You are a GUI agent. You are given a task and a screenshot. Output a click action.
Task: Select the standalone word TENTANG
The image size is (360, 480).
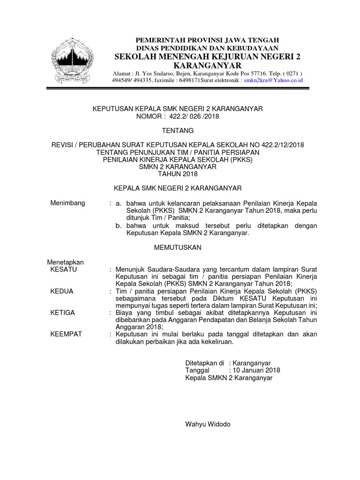point(178,130)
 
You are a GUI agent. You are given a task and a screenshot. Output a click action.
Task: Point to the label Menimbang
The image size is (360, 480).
point(67,203)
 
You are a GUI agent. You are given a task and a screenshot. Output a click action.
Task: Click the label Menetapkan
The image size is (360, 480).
point(66,262)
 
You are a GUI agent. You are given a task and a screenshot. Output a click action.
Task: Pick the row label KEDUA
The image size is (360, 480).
point(62,291)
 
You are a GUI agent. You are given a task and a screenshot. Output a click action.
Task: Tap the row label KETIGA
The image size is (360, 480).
point(62,313)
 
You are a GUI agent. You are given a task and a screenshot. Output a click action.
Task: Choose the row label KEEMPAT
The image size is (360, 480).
point(66,334)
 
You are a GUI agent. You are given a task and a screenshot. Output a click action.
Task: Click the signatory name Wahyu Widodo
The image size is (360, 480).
point(208,425)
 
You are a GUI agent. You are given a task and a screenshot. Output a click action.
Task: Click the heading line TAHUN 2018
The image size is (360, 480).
point(178,174)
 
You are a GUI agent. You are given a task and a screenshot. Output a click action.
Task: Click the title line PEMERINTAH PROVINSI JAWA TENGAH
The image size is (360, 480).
point(207,40)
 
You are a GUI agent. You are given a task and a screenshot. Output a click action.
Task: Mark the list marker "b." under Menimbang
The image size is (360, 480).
point(119,225)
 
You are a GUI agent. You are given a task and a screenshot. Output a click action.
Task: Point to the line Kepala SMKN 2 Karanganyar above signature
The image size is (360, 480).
point(229,378)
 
